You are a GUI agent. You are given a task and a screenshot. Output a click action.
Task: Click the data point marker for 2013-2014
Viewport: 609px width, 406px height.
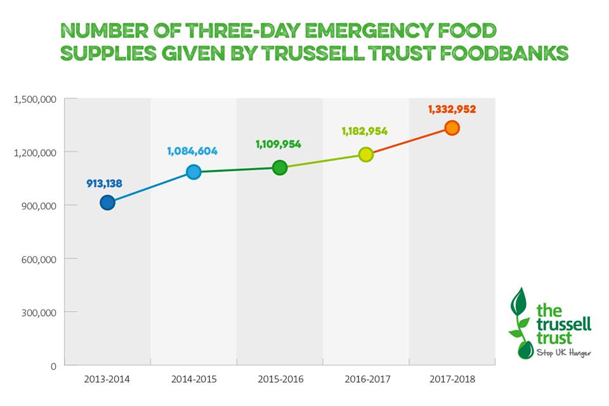[x=107, y=203]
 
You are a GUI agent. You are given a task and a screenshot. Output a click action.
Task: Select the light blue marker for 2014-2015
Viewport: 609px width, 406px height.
[x=193, y=172]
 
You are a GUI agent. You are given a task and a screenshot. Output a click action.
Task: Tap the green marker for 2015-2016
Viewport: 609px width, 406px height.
[x=280, y=167]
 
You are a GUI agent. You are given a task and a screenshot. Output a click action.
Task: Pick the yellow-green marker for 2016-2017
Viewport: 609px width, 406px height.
[x=366, y=154]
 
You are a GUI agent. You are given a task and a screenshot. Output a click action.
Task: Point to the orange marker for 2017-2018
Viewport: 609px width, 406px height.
[x=452, y=128]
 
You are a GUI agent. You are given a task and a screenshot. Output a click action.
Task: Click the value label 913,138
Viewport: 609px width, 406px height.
[x=104, y=184]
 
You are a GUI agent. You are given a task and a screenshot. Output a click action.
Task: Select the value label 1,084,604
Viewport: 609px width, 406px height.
[x=192, y=151]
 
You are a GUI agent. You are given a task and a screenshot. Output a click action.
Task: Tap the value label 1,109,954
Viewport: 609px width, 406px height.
[x=278, y=145]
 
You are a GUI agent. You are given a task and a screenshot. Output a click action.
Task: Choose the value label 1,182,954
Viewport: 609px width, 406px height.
[x=364, y=131]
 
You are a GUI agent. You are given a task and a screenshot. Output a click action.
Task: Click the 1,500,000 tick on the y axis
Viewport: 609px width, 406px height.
[x=36, y=100]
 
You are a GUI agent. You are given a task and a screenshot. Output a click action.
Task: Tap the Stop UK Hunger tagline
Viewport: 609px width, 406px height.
[x=563, y=352]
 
